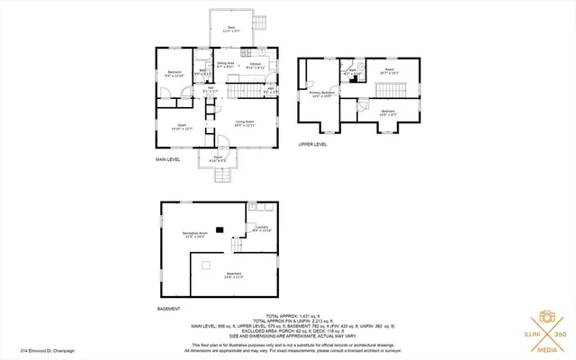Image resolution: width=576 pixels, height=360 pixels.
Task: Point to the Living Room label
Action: pos(246,124)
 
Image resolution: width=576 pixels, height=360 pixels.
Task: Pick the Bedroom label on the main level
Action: pos(175,74)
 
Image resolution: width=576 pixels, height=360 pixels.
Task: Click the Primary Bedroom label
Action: pos(323,93)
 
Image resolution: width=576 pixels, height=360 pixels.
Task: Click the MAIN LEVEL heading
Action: pos(168,159)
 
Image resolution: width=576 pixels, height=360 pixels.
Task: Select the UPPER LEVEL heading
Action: pos(312,143)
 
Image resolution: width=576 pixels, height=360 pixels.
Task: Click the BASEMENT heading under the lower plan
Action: pos(169,308)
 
